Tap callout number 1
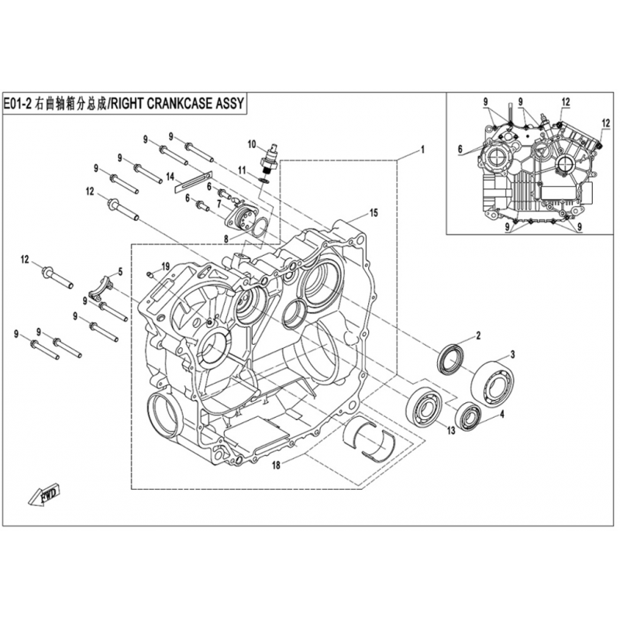pos(422,150)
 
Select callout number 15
pos(374,212)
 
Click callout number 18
pos(276,466)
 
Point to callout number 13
pos(451,431)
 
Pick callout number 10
pos(252,144)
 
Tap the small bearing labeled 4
pos(468,416)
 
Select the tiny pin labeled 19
pos(149,274)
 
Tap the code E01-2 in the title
pos(18,104)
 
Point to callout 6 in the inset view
pos(460,150)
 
